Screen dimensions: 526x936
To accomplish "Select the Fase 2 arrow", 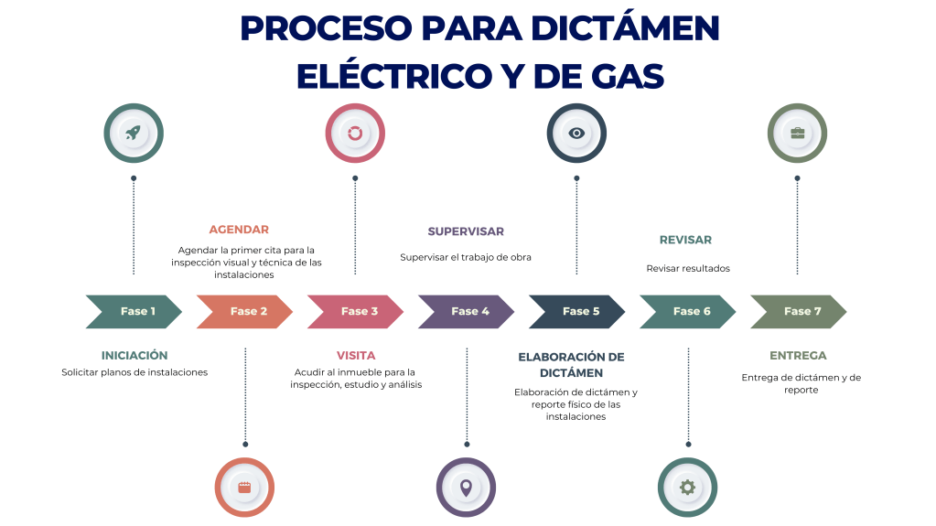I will pyautogui.click(x=244, y=311).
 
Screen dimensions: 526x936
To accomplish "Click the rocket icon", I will pyautogui.click(x=134, y=133).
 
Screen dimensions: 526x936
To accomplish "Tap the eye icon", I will pyautogui.click(x=576, y=133).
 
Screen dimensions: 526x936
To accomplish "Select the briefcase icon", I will pyautogui.click(x=797, y=133).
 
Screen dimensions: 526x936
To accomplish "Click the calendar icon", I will pyautogui.click(x=244, y=487).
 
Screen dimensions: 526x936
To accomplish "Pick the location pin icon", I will pyautogui.click(x=466, y=487).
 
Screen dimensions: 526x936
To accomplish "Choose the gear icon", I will pyautogui.click(x=687, y=487).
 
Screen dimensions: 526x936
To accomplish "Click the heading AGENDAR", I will pyautogui.click(x=239, y=230).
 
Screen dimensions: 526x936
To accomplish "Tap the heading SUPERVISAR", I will pyautogui.click(x=466, y=231).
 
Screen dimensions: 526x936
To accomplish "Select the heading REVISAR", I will pyautogui.click(x=685, y=240).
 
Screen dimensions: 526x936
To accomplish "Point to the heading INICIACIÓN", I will pyautogui.click(x=134, y=355).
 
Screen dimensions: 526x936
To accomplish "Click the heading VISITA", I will pyautogui.click(x=356, y=355).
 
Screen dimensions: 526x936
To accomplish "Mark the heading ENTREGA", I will pyautogui.click(x=798, y=355).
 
